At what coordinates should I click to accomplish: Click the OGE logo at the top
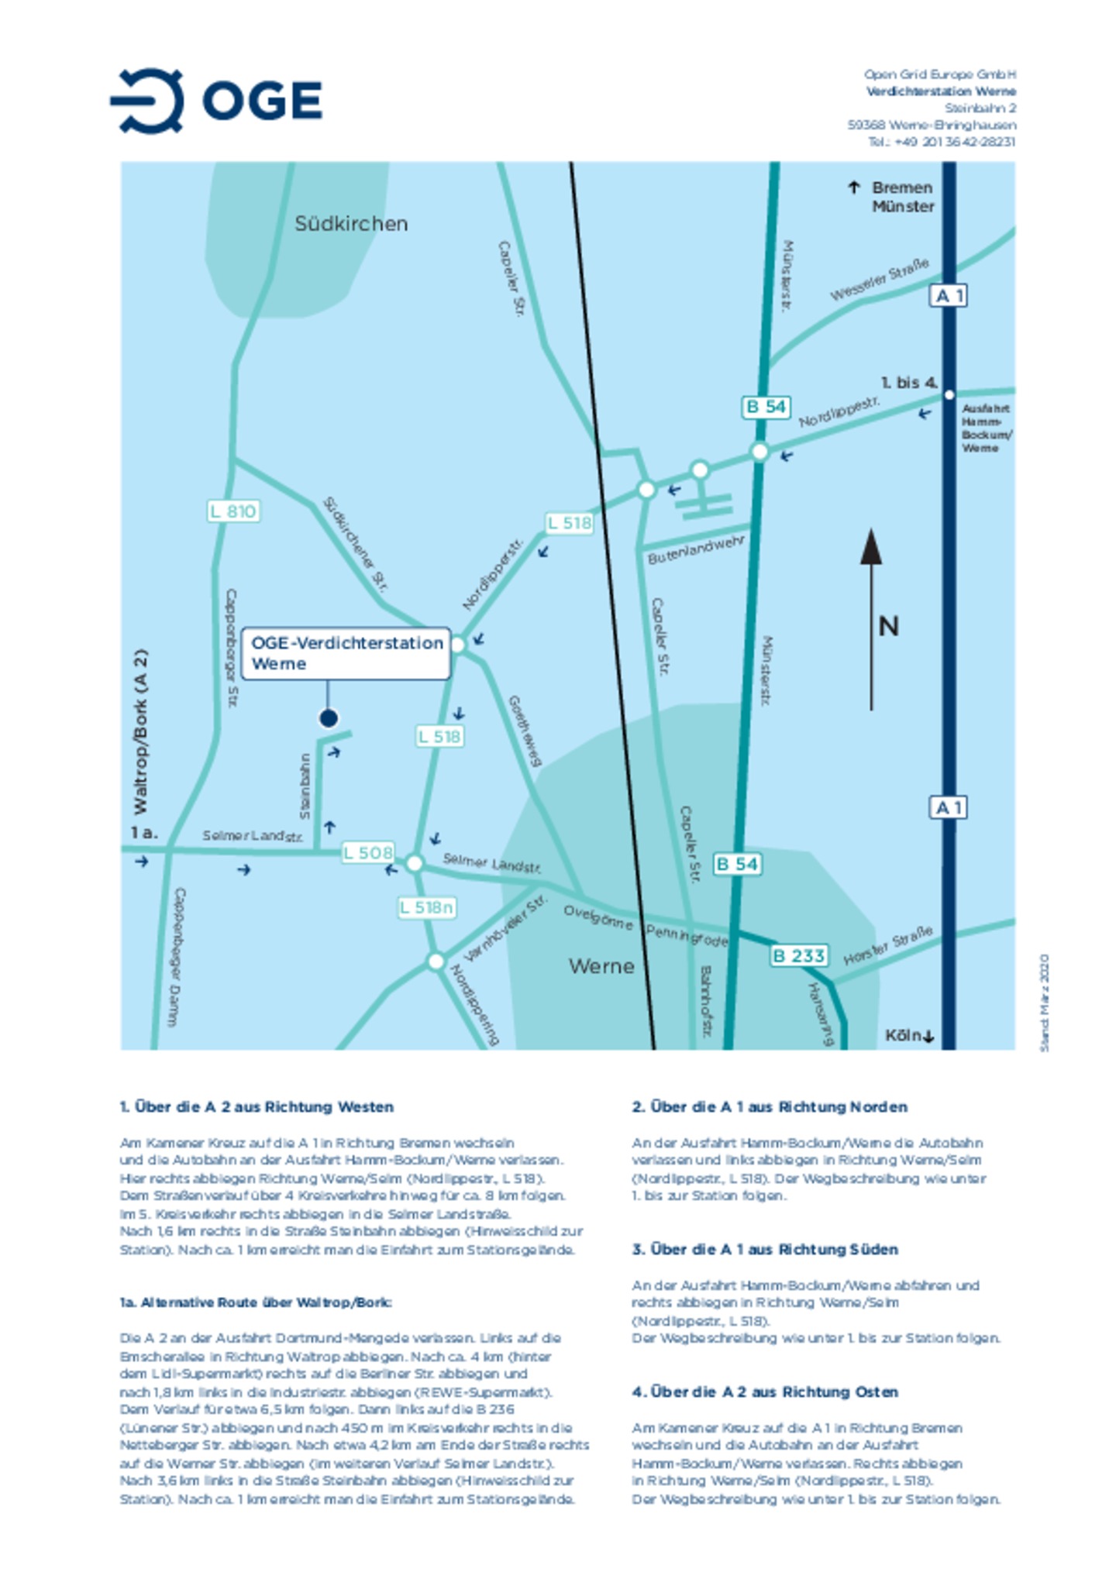(x=216, y=101)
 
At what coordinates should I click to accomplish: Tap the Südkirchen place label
(x=350, y=224)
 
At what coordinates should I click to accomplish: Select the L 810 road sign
(x=233, y=511)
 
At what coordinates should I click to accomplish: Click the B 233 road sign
(x=798, y=955)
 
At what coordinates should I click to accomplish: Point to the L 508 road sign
(x=368, y=853)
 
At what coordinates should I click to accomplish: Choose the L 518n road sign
(x=426, y=907)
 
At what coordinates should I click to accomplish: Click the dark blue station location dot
(x=328, y=718)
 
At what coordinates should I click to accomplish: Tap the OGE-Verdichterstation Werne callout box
(x=346, y=653)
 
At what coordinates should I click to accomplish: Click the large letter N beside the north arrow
(x=888, y=626)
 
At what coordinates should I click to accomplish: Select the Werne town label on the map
(x=601, y=966)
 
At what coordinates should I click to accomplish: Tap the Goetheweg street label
(x=524, y=731)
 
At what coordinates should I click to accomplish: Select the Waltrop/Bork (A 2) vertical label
(x=140, y=731)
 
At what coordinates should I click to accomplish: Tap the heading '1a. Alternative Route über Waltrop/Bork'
(x=256, y=1302)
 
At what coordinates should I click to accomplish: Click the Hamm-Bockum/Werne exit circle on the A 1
(x=949, y=395)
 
